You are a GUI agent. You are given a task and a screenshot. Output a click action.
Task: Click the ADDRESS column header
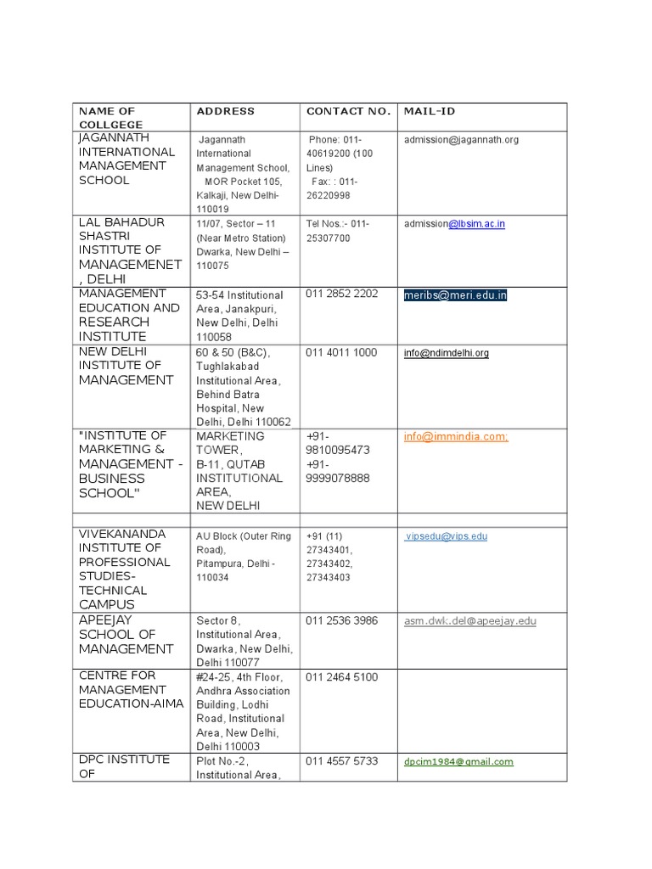coord(225,111)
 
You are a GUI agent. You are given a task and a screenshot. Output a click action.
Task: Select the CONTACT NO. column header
coord(348,111)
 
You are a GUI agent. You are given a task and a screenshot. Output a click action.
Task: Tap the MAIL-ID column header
coord(430,111)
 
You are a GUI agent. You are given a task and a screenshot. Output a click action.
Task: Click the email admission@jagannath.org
coord(461,140)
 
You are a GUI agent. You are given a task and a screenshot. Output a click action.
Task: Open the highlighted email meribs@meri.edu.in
coord(455,295)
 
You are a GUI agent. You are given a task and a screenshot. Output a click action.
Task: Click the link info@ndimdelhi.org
coord(446,353)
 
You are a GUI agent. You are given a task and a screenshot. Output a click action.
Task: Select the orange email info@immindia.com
coord(456,436)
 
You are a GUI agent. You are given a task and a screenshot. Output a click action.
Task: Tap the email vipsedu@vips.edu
coord(447,536)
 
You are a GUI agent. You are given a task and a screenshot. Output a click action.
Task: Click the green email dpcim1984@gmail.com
coord(458,762)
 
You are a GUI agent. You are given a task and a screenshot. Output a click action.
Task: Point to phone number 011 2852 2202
coord(341,294)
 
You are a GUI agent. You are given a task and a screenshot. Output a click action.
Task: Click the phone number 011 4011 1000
coord(341,352)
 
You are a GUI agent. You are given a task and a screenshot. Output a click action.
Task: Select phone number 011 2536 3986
coord(341,620)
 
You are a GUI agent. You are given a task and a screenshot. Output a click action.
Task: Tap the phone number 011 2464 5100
coord(341,677)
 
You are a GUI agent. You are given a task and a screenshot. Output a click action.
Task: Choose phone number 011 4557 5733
coord(341,760)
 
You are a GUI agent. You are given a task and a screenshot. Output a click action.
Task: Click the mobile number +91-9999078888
coord(338,471)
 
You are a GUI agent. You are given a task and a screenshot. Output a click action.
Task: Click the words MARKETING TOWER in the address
coord(230,442)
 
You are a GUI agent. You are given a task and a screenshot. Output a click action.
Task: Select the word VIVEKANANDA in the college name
coord(123,534)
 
